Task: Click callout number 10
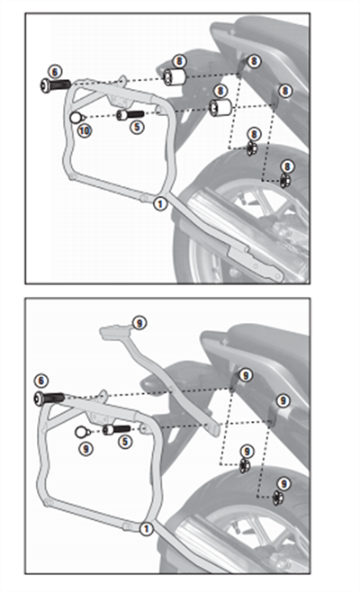(85, 130)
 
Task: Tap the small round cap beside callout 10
(76, 118)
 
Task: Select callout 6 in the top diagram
(55, 72)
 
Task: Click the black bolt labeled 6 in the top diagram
(55, 85)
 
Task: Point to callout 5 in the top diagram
(137, 127)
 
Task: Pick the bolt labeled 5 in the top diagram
(130, 115)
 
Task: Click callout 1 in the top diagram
(160, 204)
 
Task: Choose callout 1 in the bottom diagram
(146, 529)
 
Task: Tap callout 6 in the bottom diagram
(41, 381)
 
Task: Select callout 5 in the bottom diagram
(125, 442)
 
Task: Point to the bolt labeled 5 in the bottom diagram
(116, 430)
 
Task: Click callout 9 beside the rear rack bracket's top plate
(139, 323)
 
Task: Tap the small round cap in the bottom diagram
(81, 432)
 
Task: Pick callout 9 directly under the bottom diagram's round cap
(86, 449)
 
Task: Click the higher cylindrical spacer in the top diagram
(175, 77)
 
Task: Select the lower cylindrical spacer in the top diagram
(220, 107)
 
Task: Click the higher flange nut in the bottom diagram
(245, 466)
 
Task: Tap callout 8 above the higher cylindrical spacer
(179, 61)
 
